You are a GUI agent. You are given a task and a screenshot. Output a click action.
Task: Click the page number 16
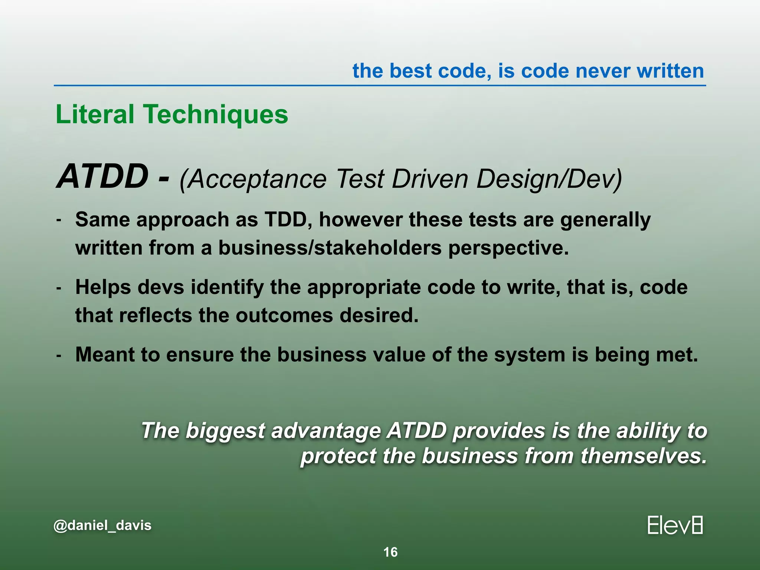tap(390, 552)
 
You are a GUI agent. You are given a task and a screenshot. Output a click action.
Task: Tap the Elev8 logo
tap(675, 525)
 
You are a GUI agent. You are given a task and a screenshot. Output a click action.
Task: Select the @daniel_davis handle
tap(102, 525)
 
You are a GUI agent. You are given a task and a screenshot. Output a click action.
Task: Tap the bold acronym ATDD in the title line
tap(102, 177)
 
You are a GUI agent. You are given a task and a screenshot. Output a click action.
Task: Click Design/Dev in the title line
tap(548, 179)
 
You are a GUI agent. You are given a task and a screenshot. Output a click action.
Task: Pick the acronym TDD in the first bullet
tap(285, 219)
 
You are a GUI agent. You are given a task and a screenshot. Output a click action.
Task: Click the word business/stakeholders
tap(330, 248)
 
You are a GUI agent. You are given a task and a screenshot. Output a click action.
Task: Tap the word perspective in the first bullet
tap(508, 248)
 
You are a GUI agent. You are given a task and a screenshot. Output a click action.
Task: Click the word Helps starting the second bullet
tap(103, 287)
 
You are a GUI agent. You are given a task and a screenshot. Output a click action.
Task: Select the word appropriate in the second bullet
tap(364, 287)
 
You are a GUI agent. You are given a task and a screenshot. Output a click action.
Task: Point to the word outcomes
tap(284, 315)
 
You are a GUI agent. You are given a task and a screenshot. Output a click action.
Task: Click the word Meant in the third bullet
tap(105, 354)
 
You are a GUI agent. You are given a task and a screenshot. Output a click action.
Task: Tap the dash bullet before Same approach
tap(59, 220)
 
